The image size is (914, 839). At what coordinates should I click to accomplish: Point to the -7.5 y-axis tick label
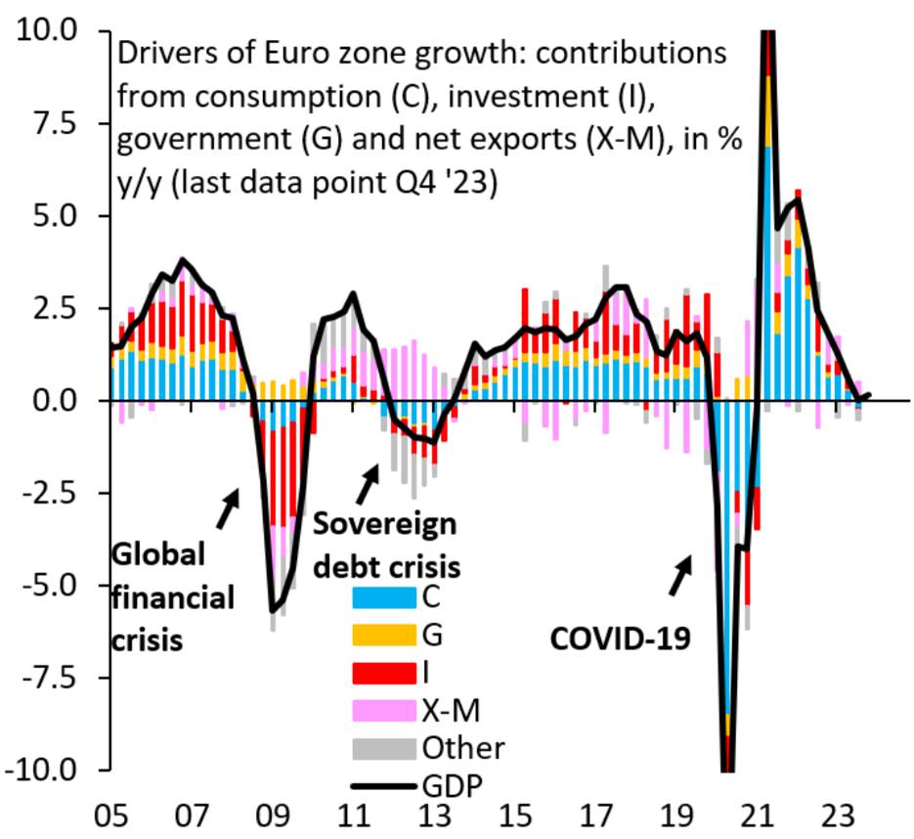pyautogui.click(x=49, y=677)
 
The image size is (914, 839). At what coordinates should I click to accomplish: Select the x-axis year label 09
pyautogui.click(x=271, y=816)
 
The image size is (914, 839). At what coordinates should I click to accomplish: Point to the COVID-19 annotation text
pyautogui.click(x=618, y=640)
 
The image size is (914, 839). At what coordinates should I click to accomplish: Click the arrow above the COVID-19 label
pyautogui.click(x=680, y=577)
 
